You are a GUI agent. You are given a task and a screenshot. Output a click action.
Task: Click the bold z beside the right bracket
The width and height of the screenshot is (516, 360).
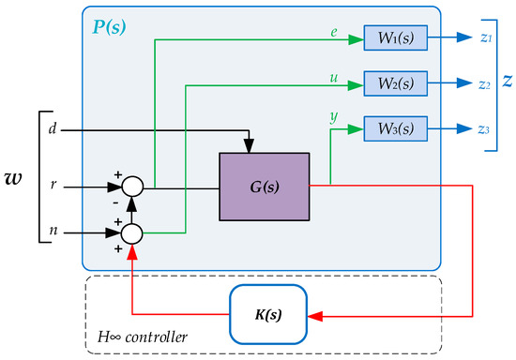(x=507, y=82)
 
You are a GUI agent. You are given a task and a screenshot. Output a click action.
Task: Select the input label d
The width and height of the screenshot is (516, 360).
(x=51, y=127)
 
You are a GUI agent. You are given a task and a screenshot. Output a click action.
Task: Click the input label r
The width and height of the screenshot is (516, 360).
(x=51, y=186)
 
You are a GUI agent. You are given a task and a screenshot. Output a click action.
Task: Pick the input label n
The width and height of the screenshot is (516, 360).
(x=51, y=229)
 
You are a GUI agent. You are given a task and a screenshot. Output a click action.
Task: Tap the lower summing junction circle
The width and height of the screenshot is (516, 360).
(x=132, y=230)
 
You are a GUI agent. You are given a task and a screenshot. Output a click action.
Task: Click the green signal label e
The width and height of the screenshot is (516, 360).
(x=333, y=31)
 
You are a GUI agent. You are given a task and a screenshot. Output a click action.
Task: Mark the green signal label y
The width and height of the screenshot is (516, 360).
(x=333, y=117)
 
